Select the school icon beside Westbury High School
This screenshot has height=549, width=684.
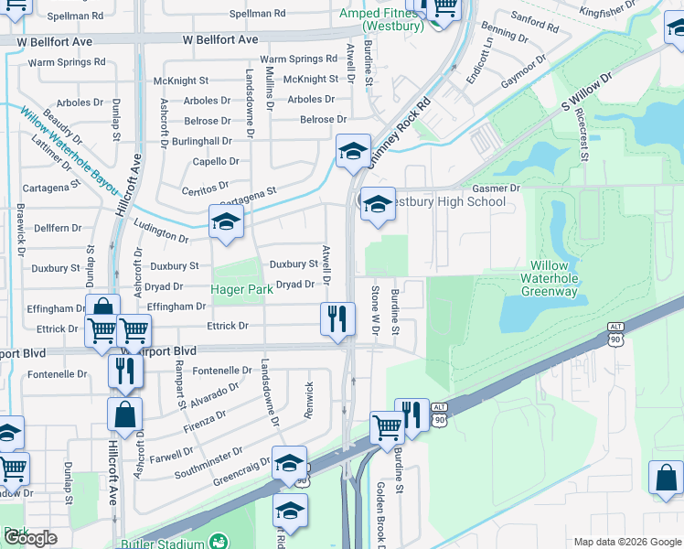(x=377, y=205)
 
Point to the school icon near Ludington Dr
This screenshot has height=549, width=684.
(x=226, y=221)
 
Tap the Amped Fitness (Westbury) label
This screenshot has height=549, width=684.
(x=381, y=19)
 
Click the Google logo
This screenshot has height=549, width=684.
(x=30, y=538)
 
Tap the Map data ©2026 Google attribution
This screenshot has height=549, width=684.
(x=627, y=541)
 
